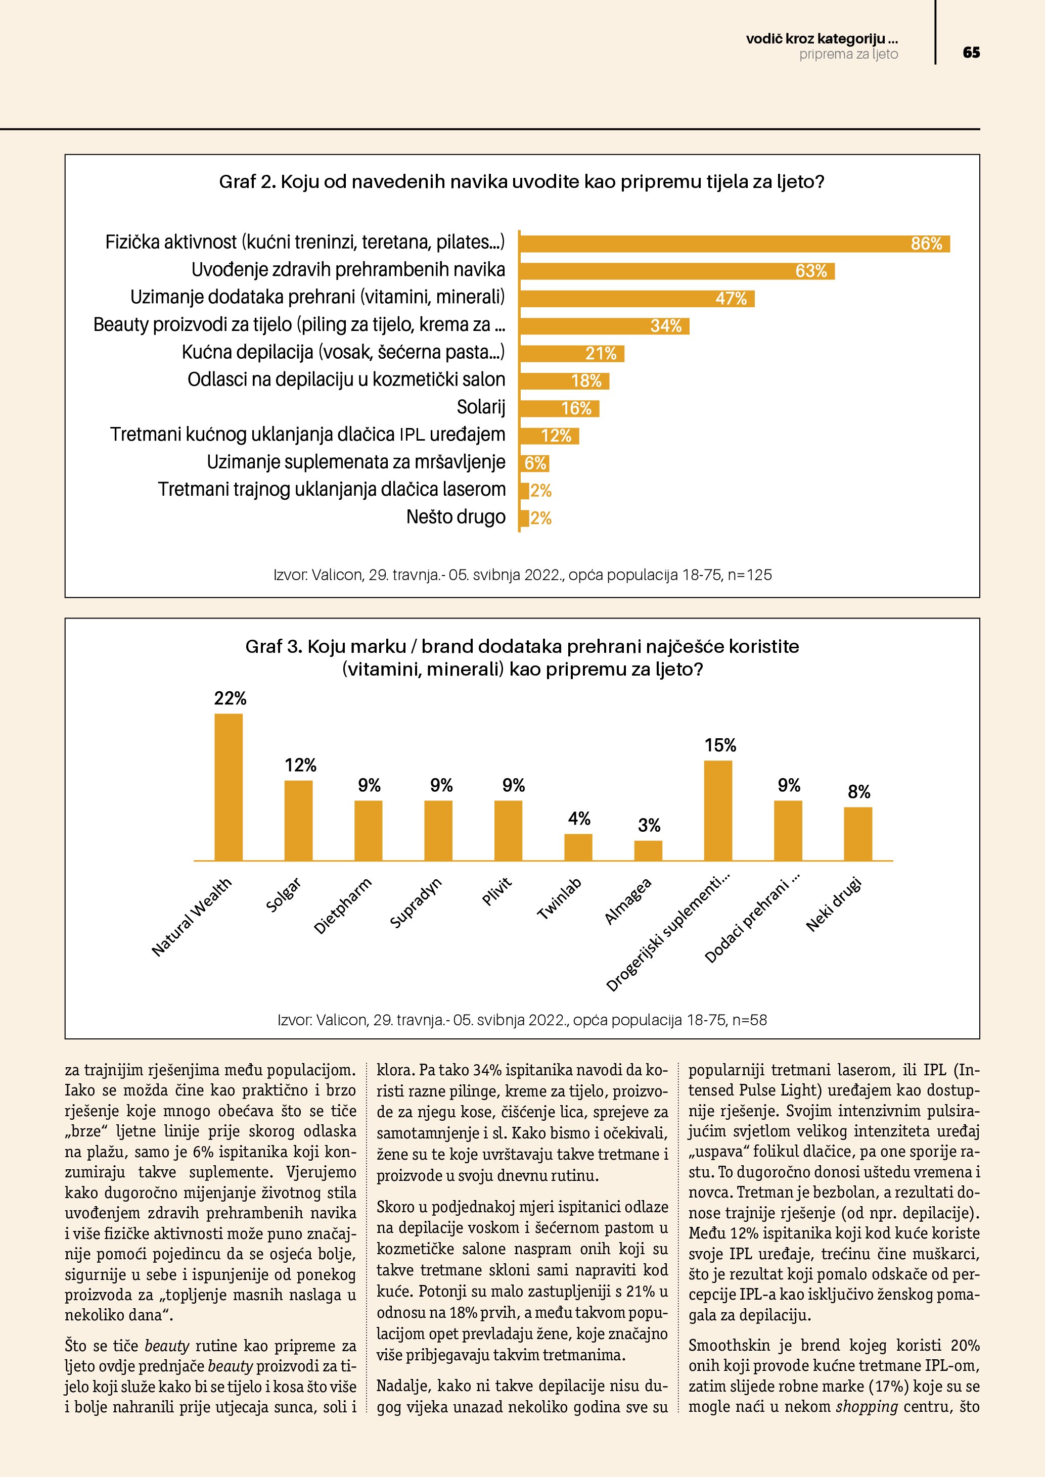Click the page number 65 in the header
971,53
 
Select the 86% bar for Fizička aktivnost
734,244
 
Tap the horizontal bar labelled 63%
675,271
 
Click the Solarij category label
481,407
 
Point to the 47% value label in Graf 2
731,299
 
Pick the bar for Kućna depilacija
571,354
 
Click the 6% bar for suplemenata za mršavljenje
534,463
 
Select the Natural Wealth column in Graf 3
229,787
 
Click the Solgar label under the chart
284,895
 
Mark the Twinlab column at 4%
578,847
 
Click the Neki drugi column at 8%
858,834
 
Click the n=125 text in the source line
749,575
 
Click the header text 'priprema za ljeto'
848,55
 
